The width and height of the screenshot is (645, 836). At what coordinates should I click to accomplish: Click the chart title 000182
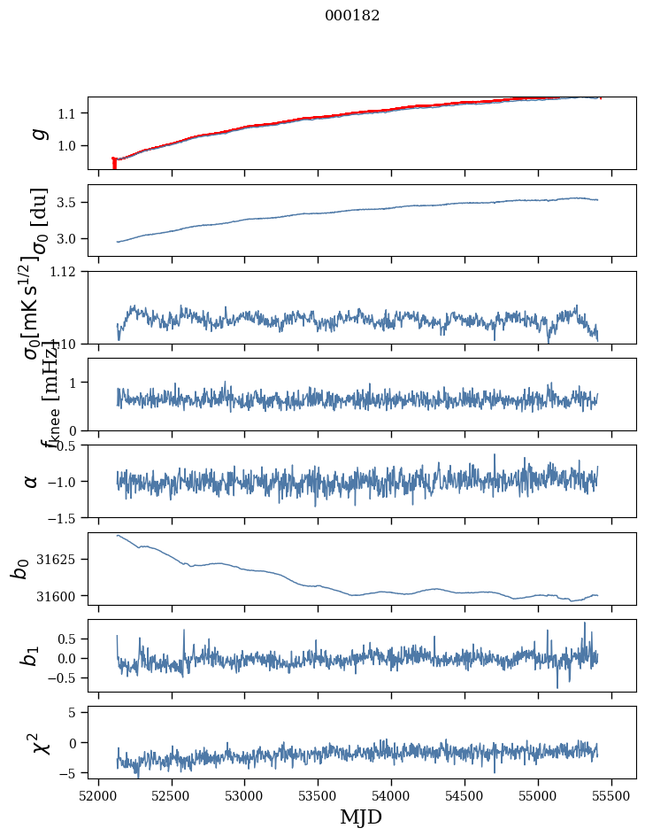pyautogui.click(x=352, y=16)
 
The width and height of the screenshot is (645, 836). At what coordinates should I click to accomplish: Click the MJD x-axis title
pyautogui.click(x=361, y=817)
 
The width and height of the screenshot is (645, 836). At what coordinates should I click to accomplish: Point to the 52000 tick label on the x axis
pyautogui.click(x=98, y=795)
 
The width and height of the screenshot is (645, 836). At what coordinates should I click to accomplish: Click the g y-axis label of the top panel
pyautogui.click(x=38, y=133)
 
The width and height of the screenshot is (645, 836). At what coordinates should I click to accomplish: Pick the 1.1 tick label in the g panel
pyautogui.click(x=71, y=113)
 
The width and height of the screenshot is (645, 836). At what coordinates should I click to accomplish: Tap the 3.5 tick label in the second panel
pyautogui.click(x=71, y=203)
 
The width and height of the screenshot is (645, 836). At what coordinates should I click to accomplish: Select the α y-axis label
pyautogui.click(x=32, y=481)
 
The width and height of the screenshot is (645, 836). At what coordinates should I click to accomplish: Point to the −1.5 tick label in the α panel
pyautogui.click(x=64, y=517)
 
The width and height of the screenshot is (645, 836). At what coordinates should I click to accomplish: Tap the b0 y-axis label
pyautogui.click(x=21, y=569)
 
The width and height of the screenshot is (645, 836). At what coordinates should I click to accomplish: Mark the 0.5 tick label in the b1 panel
pyautogui.click(x=71, y=639)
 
